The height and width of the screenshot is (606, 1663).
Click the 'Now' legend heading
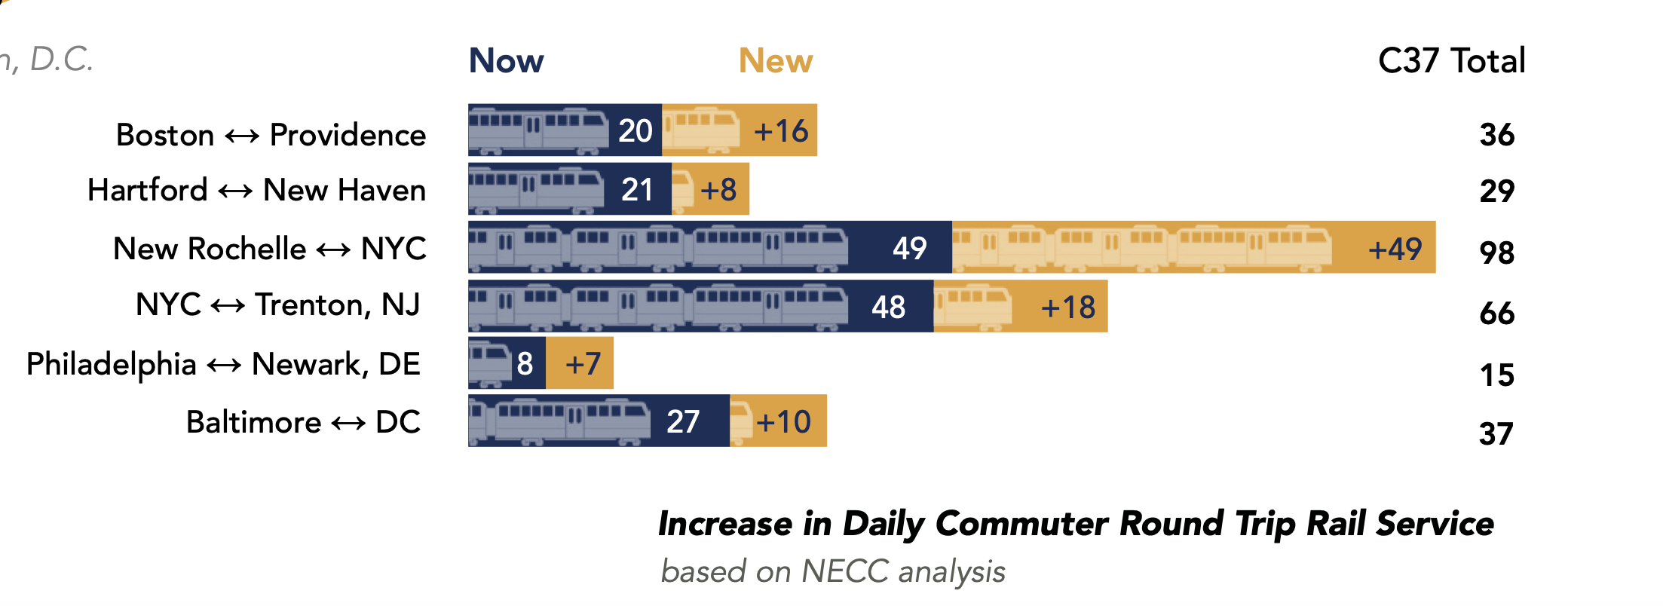tap(506, 60)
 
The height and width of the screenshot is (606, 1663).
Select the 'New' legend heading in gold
tap(776, 60)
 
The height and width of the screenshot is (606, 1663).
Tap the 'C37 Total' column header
tap(1451, 60)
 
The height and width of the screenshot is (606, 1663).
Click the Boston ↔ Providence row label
tap(271, 135)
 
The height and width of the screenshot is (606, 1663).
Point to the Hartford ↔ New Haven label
tap(256, 190)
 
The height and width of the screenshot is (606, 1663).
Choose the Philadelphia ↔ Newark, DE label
tap(223, 364)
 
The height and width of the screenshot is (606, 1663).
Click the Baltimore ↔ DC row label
tap(303, 422)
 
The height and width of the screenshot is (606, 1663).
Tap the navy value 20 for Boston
tap(635, 131)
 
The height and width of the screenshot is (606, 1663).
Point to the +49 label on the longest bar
tap(1395, 249)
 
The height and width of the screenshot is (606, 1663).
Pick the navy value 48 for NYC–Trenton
tap(888, 308)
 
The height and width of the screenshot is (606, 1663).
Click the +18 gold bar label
tap(1067, 308)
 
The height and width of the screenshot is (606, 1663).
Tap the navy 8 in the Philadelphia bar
tap(525, 364)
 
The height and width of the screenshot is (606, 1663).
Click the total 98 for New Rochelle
tap(1496, 252)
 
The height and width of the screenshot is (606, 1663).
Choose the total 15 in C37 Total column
tap(1496, 375)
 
